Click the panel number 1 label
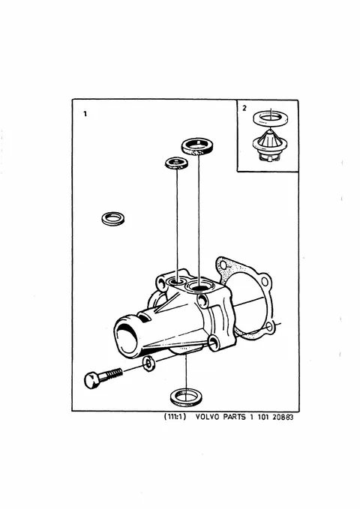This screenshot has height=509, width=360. (x=85, y=114)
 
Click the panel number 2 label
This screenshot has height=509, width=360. (x=244, y=108)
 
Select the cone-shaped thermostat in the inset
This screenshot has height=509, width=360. (x=270, y=145)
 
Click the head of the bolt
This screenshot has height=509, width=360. (x=91, y=380)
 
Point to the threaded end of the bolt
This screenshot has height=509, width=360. (x=115, y=373)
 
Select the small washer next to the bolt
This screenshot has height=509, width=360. (x=148, y=364)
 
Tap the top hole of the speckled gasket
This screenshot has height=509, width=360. (x=223, y=265)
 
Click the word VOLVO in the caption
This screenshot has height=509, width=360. (x=207, y=417)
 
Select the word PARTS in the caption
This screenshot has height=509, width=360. (x=234, y=417)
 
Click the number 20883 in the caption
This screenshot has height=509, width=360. (x=283, y=417)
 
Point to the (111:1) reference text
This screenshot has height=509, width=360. (x=175, y=417)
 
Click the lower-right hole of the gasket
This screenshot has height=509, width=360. (x=269, y=326)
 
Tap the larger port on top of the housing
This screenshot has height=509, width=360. (x=198, y=286)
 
